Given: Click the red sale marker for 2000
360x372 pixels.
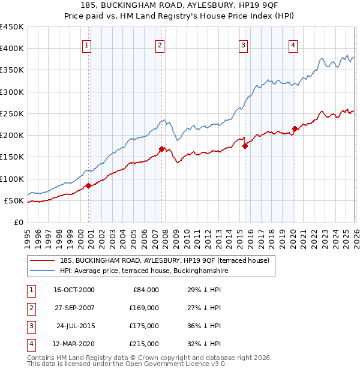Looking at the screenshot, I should point(88,185).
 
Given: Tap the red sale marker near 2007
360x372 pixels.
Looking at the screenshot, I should point(161,149).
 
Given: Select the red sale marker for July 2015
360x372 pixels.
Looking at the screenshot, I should point(245,145).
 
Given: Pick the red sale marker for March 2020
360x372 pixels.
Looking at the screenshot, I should point(295,128).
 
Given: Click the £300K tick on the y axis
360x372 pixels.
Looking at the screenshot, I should point(12,92).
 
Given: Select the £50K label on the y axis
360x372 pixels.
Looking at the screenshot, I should point(14,200).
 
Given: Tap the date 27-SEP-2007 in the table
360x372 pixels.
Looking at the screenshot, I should point(74,308).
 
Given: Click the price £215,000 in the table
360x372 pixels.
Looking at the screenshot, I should point(144,344).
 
